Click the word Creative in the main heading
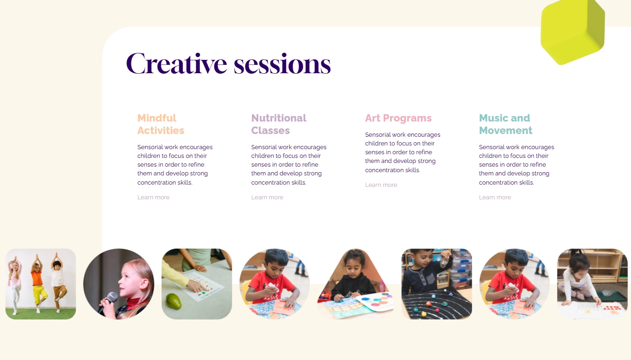pyautogui.click(x=176, y=64)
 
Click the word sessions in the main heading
pyautogui.click(x=282, y=64)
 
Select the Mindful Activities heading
pyautogui.click(x=161, y=124)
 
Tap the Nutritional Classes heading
pyautogui.click(x=279, y=124)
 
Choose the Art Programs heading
pyautogui.click(x=398, y=118)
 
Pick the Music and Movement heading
pyautogui.click(x=506, y=124)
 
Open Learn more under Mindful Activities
pyautogui.click(x=153, y=197)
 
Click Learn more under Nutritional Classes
pyautogui.click(x=267, y=197)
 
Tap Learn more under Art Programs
pyautogui.click(x=381, y=185)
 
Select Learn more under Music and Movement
pyautogui.click(x=495, y=197)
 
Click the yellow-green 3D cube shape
pyautogui.click(x=573, y=31)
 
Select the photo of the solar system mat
pyautogui.click(x=437, y=284)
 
